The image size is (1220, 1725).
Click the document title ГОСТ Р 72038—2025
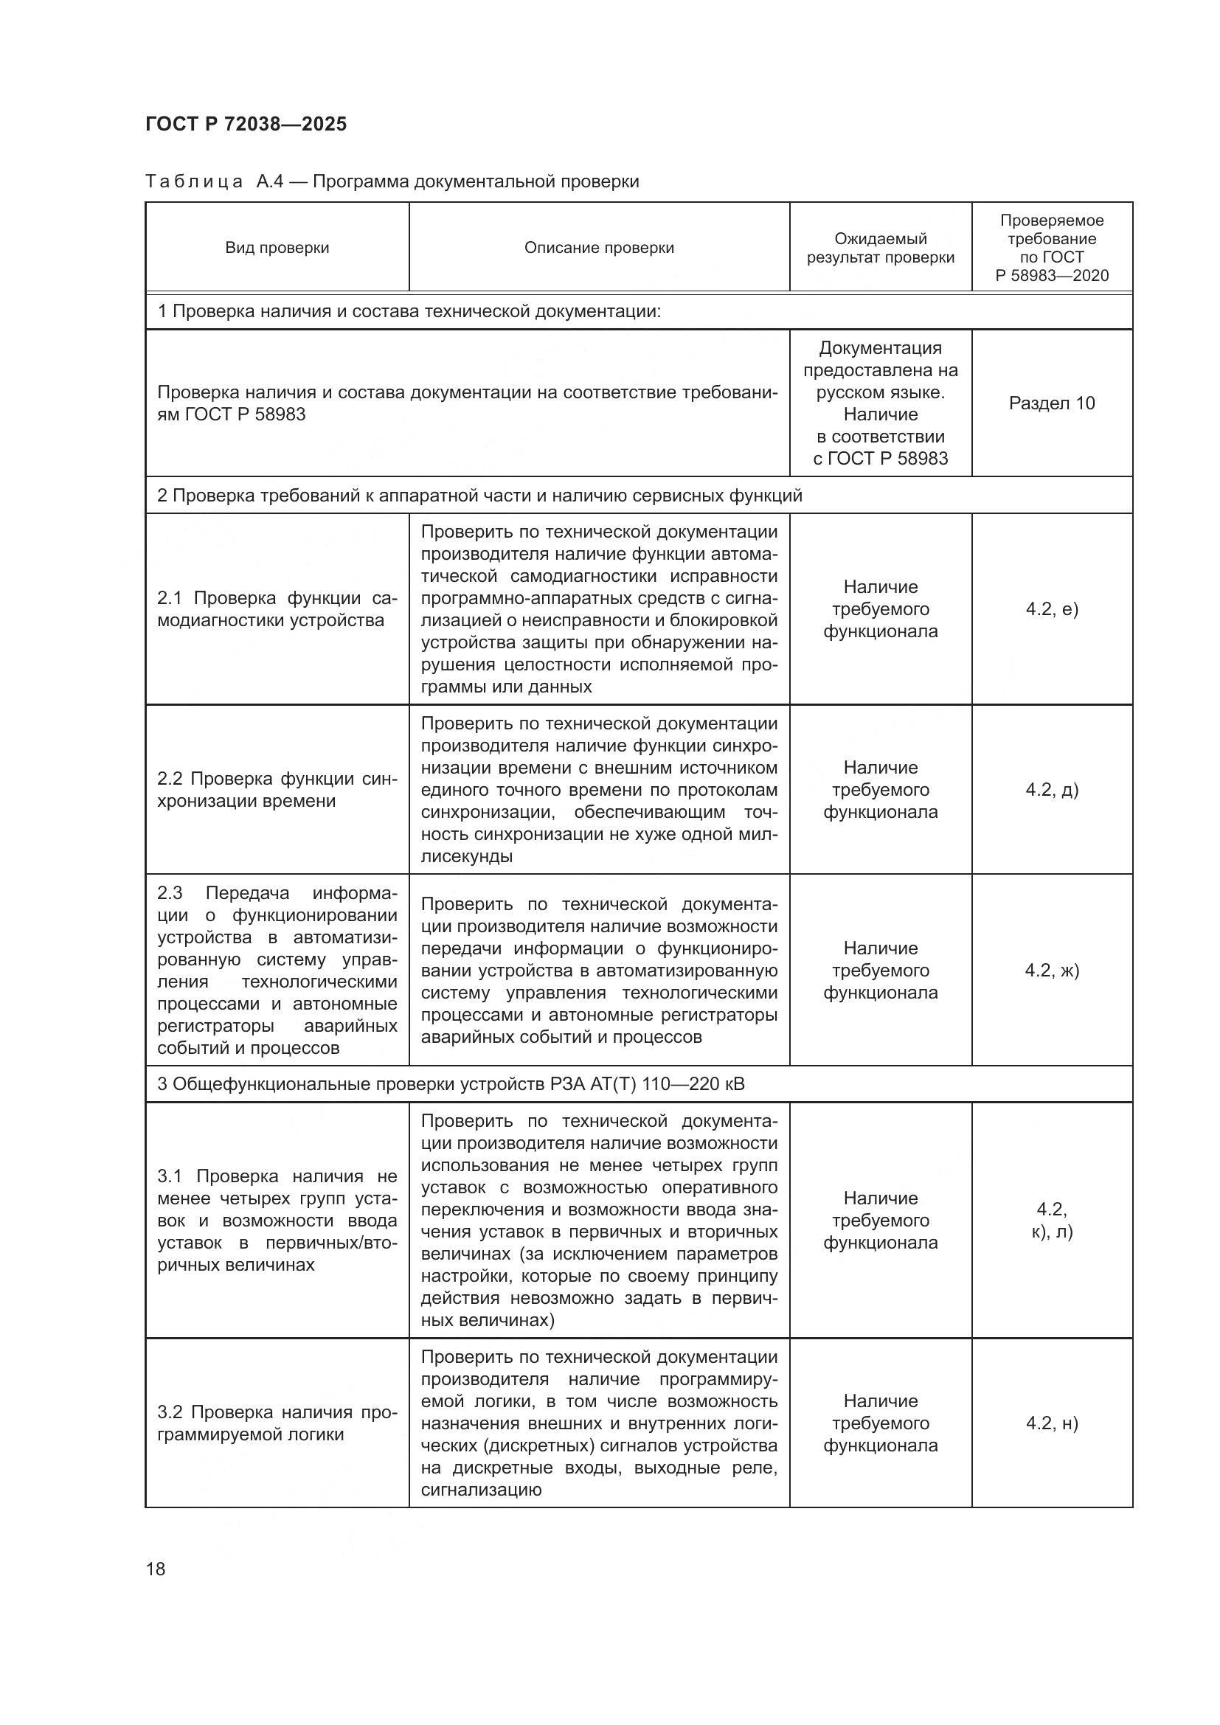pos(246,124)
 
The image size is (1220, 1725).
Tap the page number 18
pos(156,1569)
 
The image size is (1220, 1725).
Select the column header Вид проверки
pos(277,248)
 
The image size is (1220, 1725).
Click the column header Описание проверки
pos(599,248)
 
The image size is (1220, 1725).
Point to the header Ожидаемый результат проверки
pos(881,248)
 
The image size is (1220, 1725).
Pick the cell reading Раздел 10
pos(1052,403)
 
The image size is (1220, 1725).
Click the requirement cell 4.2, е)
pos(1052,608)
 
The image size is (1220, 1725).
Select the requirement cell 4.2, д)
pos(1052,790)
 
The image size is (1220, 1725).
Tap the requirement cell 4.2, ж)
pos(1052,970)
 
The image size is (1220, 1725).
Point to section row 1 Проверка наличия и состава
pos(409,311)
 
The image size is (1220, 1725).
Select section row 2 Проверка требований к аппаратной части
pos(479,496)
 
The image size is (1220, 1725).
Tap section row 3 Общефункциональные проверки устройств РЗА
pos(451,1084)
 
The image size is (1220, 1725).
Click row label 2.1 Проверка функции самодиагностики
pos(277,609)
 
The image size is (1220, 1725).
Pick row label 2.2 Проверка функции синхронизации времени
pos(277,790)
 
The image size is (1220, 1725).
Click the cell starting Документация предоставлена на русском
pos(881,403)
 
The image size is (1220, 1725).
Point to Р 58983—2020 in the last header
pos(1052,276)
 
